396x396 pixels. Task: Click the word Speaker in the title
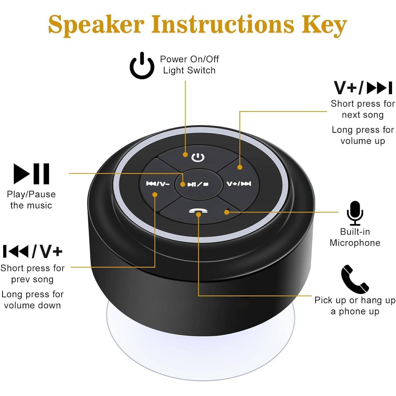[96, 24]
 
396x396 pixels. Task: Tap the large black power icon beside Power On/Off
[142, 66]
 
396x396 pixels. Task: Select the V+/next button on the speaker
[239, 184]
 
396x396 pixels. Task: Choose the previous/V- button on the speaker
[158, 184]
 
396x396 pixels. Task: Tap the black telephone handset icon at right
[355, 279]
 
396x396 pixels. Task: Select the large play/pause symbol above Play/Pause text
[31, 174]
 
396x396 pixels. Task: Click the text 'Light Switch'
[189, 70]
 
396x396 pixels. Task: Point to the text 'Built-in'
[355, 232]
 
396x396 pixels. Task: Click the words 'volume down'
[32, 305]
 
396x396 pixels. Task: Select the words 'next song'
[363, 115]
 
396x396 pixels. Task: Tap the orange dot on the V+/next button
[240, 167]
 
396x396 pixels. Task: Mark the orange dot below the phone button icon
[199, 214]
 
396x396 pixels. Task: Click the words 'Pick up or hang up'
[355, 300]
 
